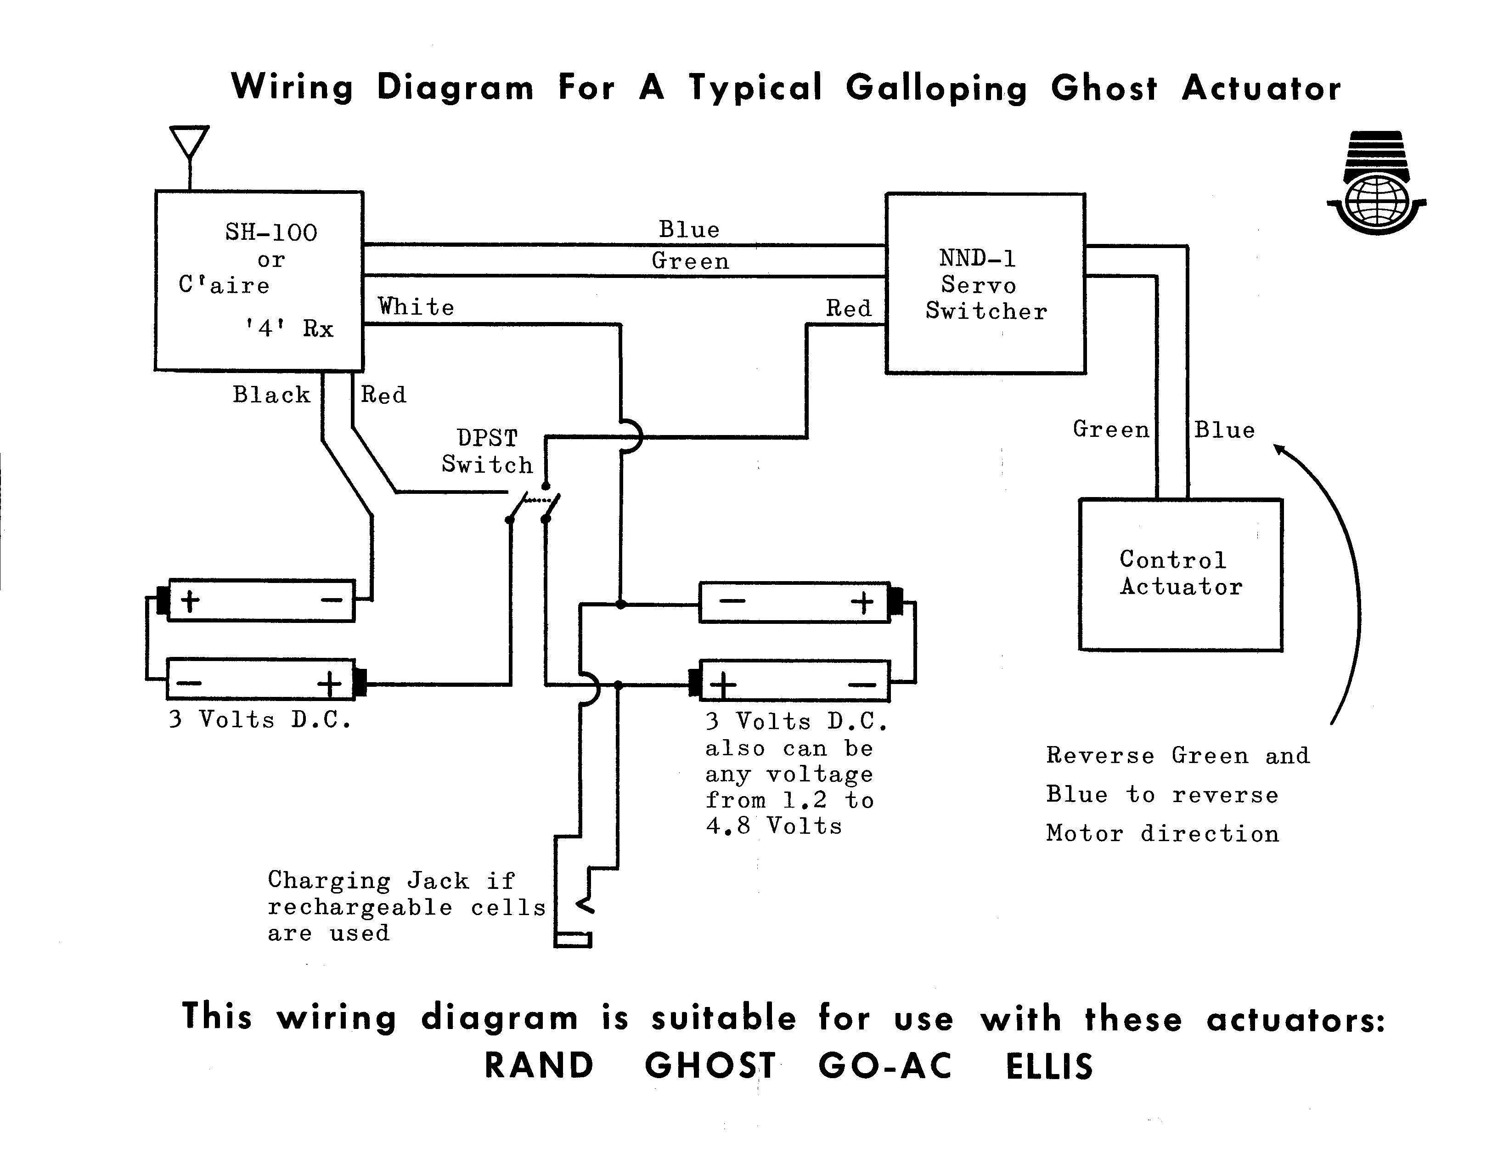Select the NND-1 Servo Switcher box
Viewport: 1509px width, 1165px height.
(x=985, y=283)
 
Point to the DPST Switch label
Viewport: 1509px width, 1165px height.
(x=487, y=451)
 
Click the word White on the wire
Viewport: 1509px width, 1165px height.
(x=416, y=307)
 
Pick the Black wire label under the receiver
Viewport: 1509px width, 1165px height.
(x=271, y=395)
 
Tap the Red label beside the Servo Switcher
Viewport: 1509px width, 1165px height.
(x=849, y=308)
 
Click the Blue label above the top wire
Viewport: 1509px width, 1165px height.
(x=689, y=229)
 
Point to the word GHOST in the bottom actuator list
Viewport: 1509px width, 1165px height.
(x=709, y=1065)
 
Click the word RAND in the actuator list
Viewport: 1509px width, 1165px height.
(x=539, y=1065)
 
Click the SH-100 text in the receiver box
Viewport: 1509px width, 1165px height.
(x=271, y=232)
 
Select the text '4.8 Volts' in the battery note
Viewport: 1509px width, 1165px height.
(x=774, y=826)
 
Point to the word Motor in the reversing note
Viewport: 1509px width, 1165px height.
(x=1084, y=833)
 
